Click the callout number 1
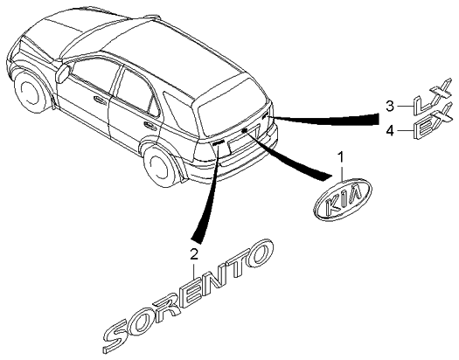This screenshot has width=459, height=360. pyautogui.click(x=341, y=157)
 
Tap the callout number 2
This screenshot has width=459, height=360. pyautogui.click(x=194, y=254)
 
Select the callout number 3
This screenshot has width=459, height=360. pyautogui.click(x=390, y=106)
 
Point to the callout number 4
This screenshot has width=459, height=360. pyautogui.click(x=390, y=130)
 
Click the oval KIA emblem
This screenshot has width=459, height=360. pyautogui.click(x=344, y=198)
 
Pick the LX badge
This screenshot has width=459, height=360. pyautogui.click(x=433, y=96)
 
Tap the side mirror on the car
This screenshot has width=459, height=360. pyautogui.click(x=64, y=73)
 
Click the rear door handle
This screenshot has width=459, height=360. pyautogui.click(x=150, y=126)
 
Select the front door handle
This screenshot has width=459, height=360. pyautogui.click(x=100, y=100)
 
